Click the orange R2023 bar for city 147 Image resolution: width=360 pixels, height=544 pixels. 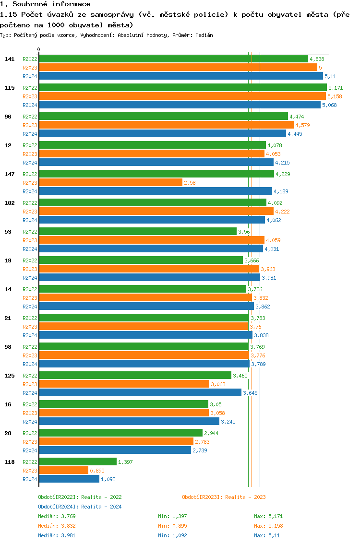[110, 183]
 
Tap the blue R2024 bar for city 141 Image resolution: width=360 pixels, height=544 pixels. [180, 76]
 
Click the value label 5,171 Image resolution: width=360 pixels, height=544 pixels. [336, 88]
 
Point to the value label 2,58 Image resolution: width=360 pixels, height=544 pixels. [190, 183]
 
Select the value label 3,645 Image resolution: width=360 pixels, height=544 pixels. [250, 393]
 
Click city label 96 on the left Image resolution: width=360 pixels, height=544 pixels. [8, 117]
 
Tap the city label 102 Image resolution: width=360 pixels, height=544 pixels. [9, 203]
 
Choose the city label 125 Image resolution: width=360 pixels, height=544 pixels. [9, 376]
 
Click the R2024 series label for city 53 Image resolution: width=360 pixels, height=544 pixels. [30, 249]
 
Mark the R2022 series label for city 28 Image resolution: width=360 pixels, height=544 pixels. [30, 433]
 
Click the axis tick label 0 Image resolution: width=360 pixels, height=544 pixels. [39, 49]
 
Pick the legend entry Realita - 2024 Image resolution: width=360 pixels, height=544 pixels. [80, 507]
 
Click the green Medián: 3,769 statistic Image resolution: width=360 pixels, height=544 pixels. [57, 516]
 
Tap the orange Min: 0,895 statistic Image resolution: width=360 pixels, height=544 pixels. [172, 526]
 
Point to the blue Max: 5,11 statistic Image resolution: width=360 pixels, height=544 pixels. [266, 535]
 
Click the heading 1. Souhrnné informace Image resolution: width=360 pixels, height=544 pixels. [45, 4]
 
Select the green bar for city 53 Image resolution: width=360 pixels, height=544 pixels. [137, 231]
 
